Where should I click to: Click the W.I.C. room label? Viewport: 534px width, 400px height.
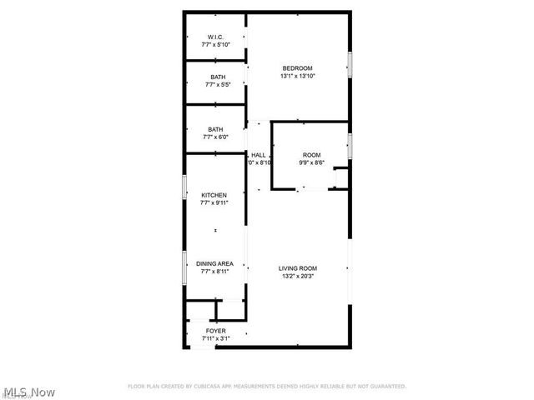215,37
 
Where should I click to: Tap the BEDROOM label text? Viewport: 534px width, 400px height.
297,68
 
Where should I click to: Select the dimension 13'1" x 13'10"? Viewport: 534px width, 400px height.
297,77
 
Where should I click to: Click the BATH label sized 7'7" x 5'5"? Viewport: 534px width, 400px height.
217,77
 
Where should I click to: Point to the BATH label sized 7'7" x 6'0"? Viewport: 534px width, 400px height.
215,129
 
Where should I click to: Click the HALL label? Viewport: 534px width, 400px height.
259,155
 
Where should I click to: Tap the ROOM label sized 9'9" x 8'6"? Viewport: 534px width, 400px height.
311,155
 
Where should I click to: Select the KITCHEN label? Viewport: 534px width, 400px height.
214,195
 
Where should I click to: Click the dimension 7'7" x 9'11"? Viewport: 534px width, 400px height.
214,202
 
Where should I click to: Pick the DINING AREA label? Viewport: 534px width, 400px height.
214,263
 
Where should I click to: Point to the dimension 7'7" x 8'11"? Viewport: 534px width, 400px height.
214,271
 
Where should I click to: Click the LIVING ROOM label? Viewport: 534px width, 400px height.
298,268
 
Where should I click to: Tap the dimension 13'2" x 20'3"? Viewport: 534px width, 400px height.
298,276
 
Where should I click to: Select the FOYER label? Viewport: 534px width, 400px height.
215,331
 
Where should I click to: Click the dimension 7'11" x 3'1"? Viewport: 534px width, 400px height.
215,338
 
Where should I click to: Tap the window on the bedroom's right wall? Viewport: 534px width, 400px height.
350,64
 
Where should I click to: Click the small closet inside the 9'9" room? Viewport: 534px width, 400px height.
340,178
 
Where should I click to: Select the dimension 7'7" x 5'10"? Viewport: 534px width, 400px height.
215,44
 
